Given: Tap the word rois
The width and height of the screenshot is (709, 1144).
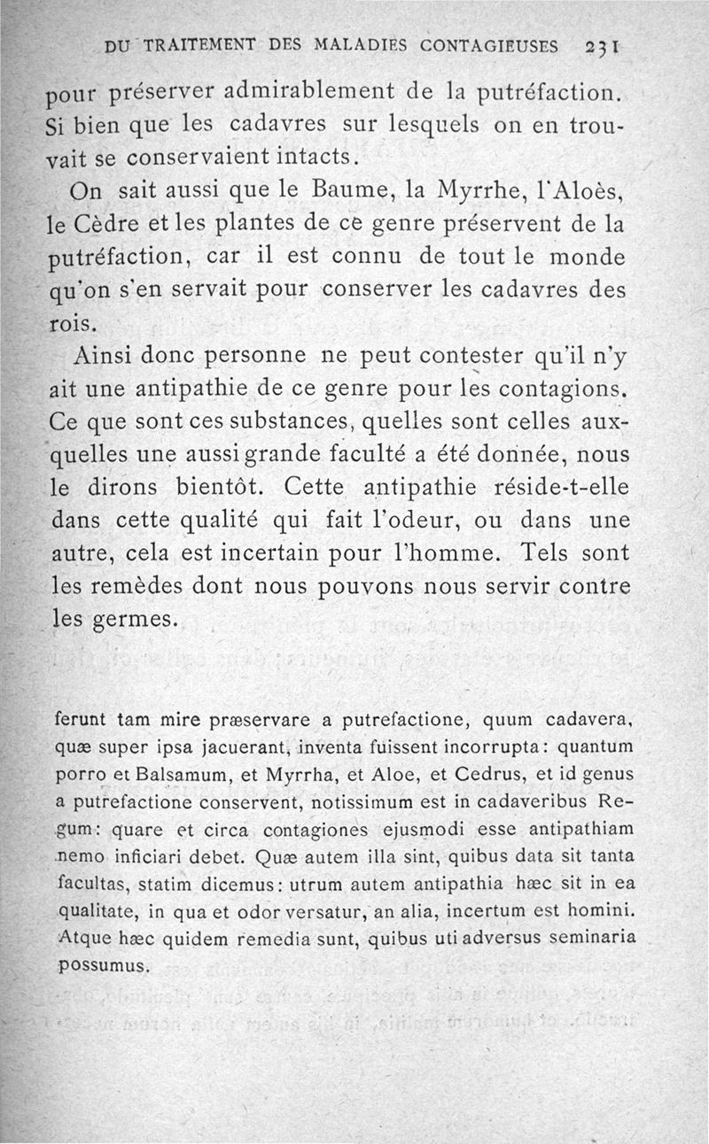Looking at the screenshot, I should pos(66,322).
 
